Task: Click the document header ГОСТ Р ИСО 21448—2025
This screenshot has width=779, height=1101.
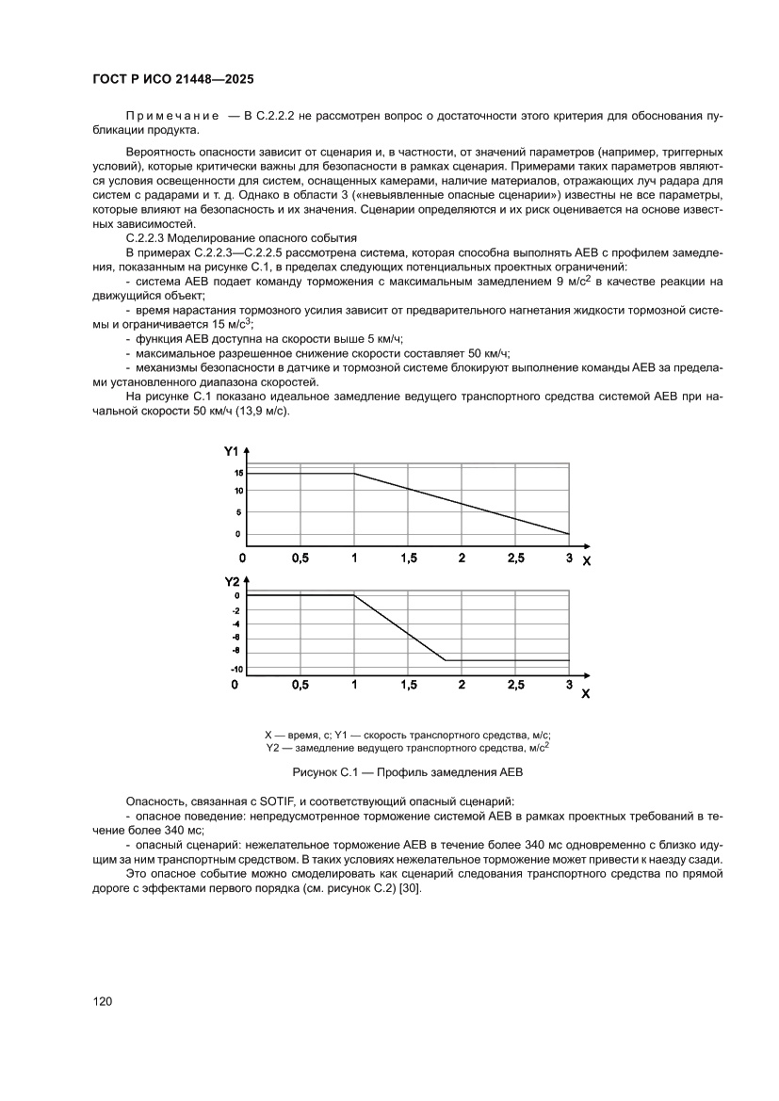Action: pos(173,80)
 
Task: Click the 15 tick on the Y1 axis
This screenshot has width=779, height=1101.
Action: pos(239,473)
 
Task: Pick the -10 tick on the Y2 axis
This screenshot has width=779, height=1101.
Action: pos(236,669)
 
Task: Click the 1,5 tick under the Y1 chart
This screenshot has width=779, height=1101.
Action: pos(408,559)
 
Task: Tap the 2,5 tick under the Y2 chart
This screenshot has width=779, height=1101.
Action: pos(515,685)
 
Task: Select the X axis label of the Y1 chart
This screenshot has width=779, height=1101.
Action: pos(586,561)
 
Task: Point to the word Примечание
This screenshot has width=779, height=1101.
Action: pos(165,115)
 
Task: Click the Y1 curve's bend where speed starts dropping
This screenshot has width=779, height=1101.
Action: pos(354,474)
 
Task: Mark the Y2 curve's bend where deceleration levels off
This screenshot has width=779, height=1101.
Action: pos(445,660)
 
